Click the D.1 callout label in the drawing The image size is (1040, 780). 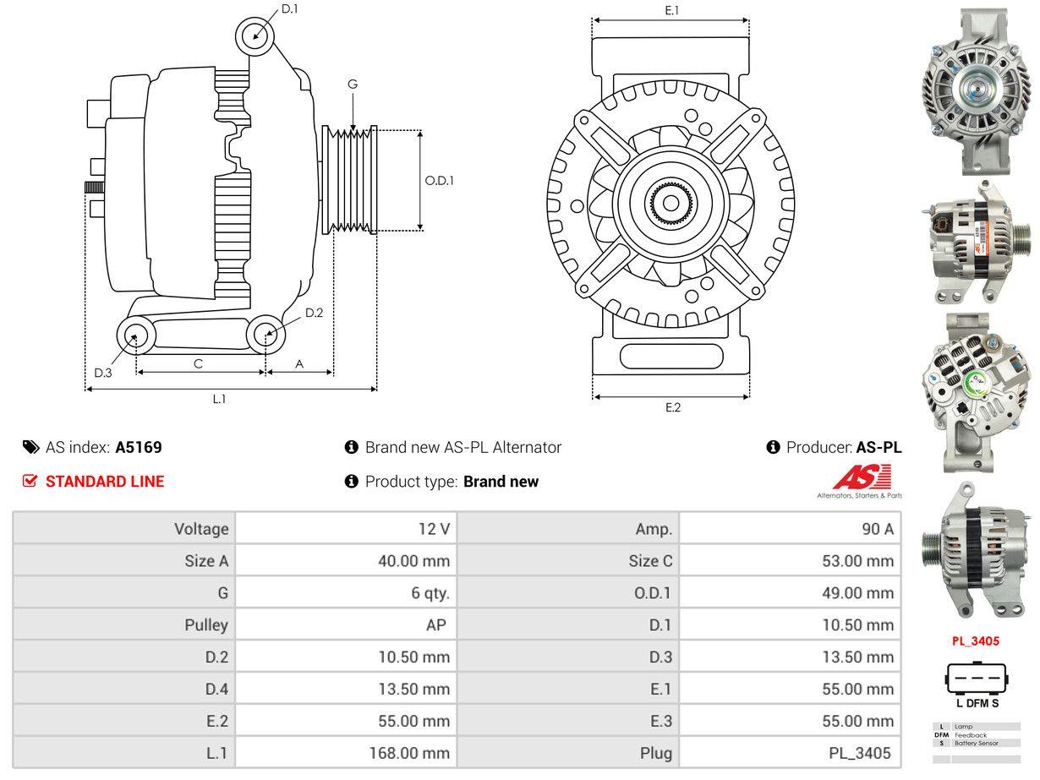289,8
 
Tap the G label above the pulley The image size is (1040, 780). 353,84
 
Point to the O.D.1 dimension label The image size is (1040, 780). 439,180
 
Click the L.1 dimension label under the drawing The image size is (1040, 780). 219,400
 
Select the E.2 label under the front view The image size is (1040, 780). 672,407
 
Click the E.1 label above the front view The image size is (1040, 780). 672,10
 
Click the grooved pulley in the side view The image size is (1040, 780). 350,180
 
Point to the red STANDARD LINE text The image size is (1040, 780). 105,482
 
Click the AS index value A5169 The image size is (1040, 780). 139,448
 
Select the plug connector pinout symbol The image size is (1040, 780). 977,679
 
